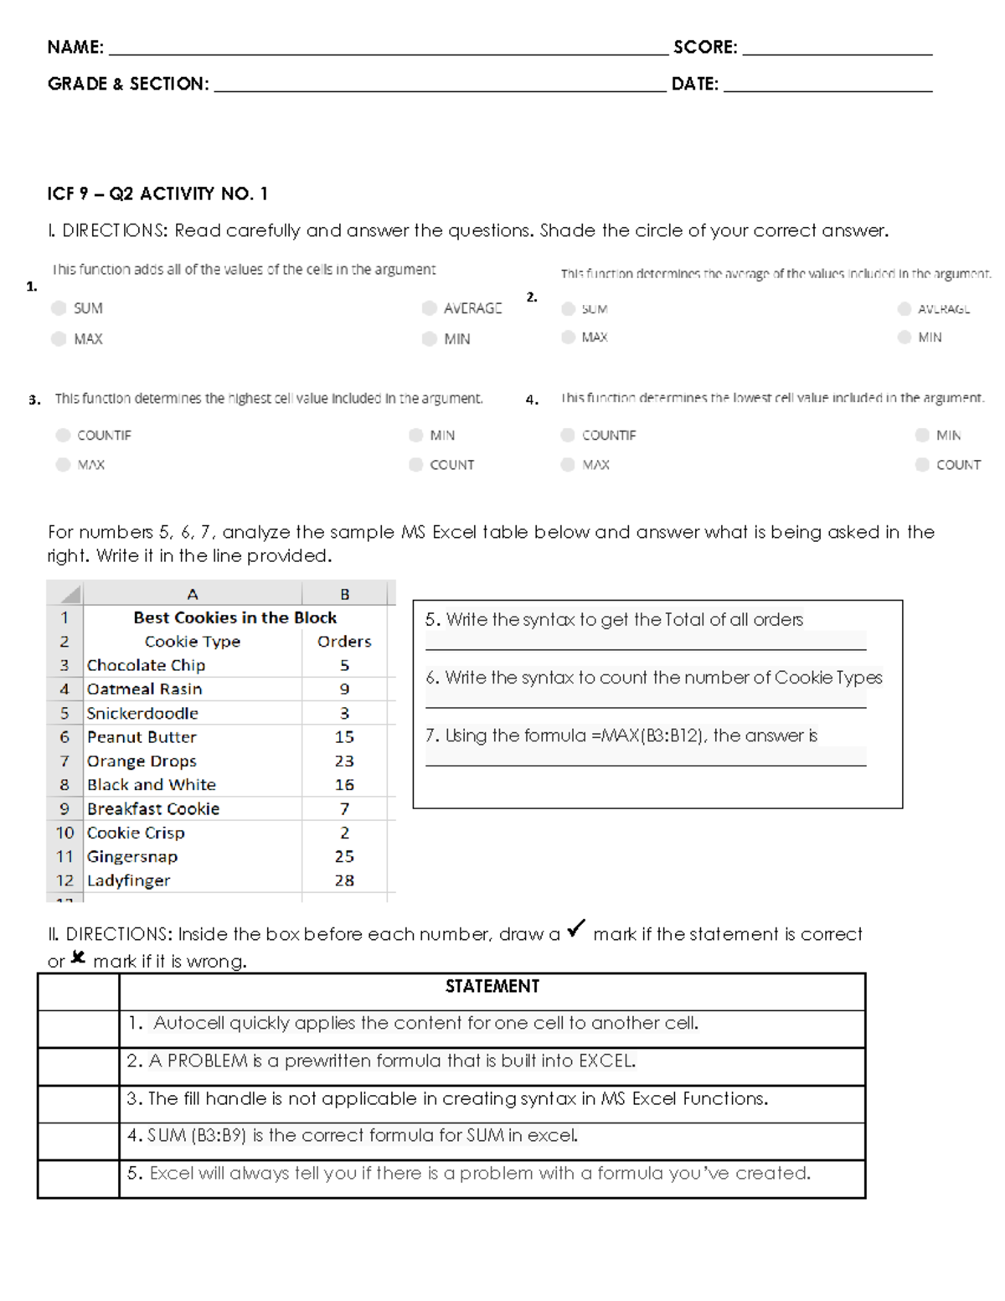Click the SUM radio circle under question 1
point(59,308)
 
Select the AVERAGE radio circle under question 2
point(904,309)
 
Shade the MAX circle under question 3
point(63,465)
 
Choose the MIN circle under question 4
point(922,435)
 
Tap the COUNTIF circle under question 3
point(63,435)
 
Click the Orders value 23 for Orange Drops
point(344,761)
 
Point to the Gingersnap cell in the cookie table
point(132,856)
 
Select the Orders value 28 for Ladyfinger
point(344,880)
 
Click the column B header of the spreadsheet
point(344,594)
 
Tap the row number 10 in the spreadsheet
point(64,833)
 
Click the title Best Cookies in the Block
point(234,617)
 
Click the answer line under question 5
point(645,648)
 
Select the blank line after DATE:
point(827,89)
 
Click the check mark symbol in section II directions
point(576,929)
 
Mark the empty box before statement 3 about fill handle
point(79,1104)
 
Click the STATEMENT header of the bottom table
point(492,986)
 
